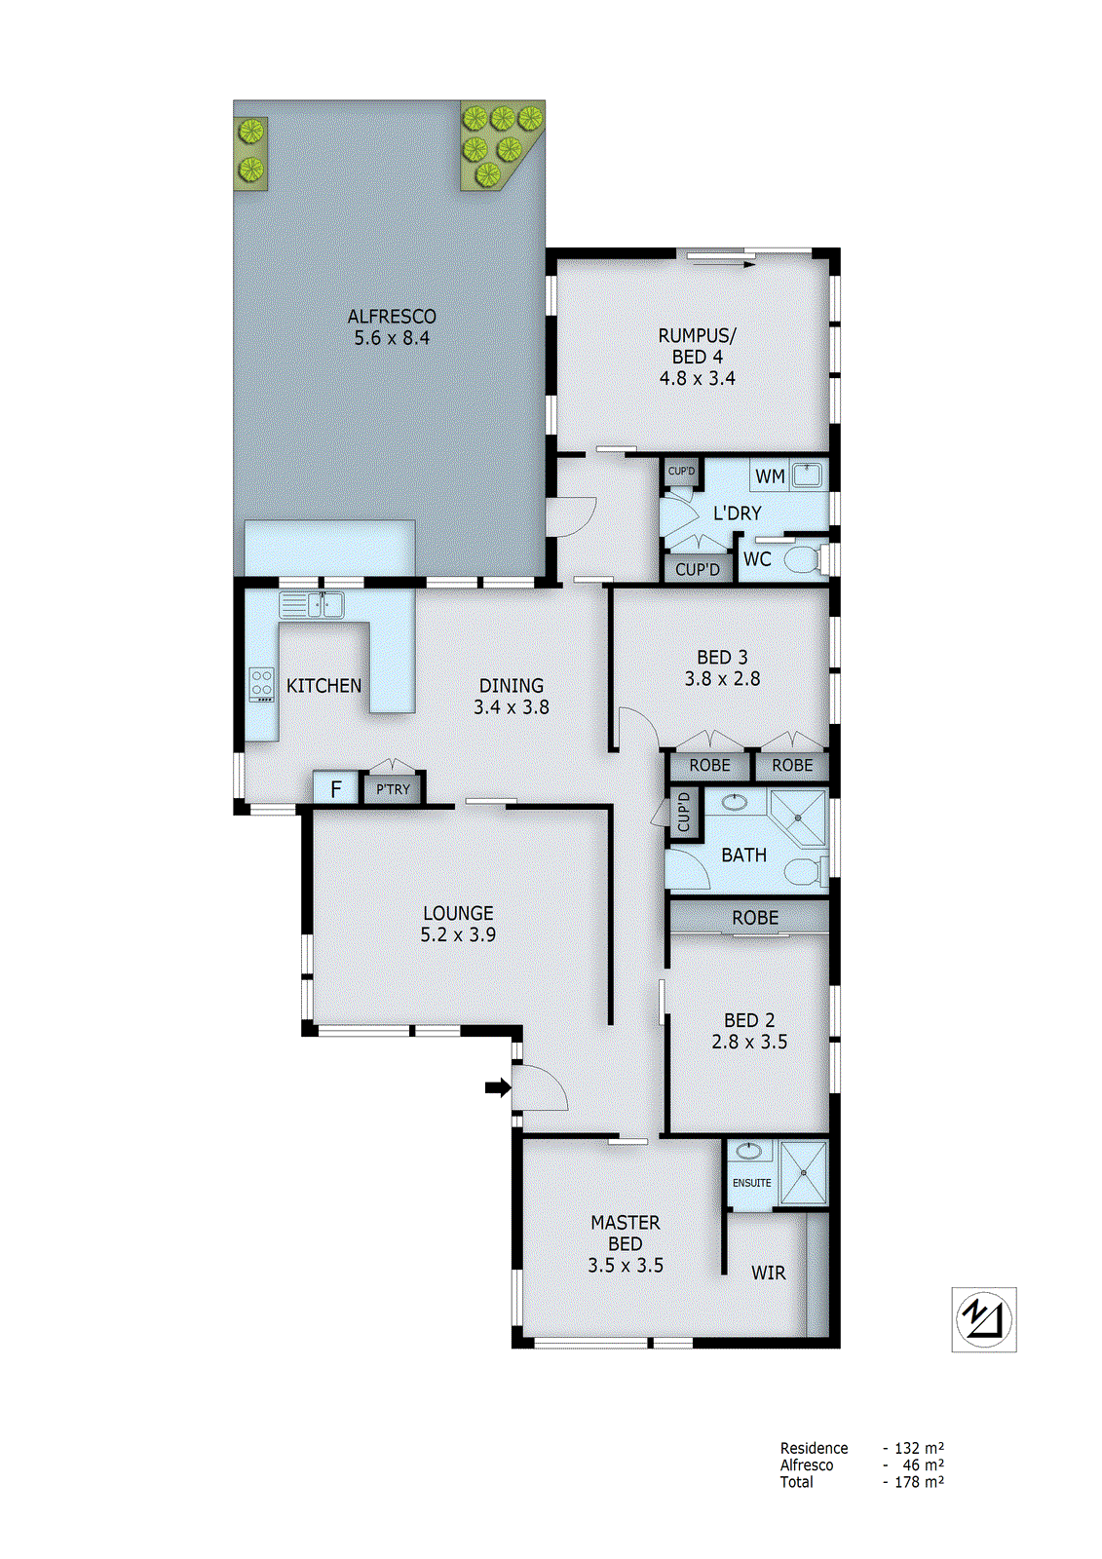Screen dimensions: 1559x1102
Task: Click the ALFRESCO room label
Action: (392, 317)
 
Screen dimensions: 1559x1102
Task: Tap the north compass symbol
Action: (983, 1319)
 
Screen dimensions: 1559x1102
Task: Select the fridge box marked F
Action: (336, 788)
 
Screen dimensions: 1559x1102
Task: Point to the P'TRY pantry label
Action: (393, 789)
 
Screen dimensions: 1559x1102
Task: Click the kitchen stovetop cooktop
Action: (261, 684)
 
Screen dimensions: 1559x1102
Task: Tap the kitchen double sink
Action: (312, 605)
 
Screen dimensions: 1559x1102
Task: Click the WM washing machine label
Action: (770, 476)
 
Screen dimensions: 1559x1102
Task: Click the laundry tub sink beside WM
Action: (807, 475)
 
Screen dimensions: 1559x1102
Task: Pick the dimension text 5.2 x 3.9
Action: (458, 935)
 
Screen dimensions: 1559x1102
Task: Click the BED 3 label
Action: (722, 658)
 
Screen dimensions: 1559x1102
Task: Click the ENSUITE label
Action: (751, 1183)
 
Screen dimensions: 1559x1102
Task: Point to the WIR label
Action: (768, 1273)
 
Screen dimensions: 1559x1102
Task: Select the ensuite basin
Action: (748, 1152)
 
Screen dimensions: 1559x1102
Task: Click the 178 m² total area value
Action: (918, 1482)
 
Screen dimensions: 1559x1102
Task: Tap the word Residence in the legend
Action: (814, 1448)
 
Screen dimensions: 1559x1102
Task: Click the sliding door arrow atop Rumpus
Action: (721, 263)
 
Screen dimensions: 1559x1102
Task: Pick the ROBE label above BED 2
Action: (755, 918)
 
